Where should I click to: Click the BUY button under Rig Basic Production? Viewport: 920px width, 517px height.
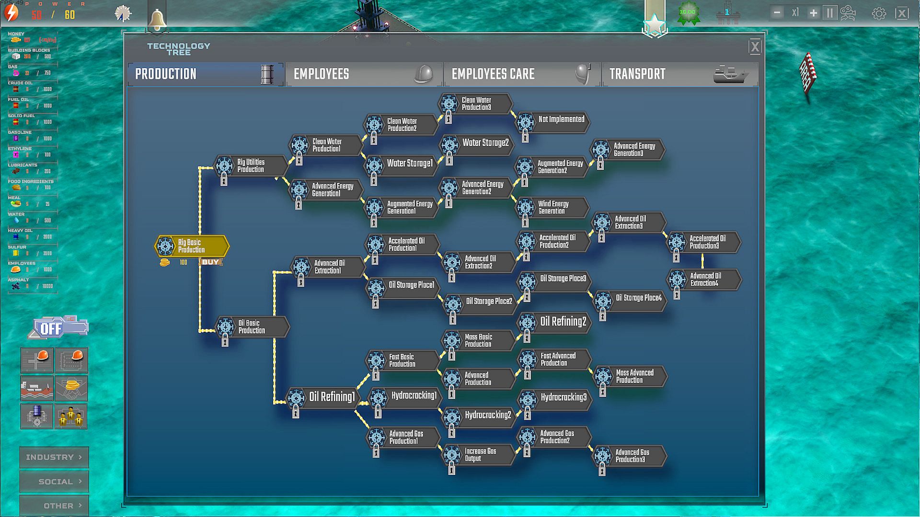click(x=210, y=262)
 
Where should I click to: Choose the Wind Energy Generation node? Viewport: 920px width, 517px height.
click(x=553, y=207)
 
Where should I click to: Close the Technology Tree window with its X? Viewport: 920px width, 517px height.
click(x=755, y=47)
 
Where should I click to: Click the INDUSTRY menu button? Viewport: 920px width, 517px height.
click(x=54, y=457)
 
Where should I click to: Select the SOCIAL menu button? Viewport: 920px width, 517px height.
click(x=54, y=482)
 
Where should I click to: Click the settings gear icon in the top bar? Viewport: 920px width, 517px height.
click(x=878, y=13)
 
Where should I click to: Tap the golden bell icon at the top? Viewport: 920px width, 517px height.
click(x=157, y=19)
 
